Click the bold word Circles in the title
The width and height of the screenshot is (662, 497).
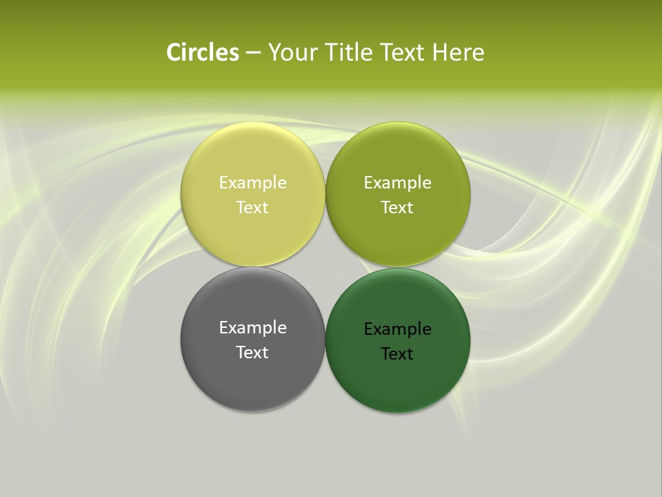click(202, 52)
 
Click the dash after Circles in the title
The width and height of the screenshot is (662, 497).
click(253, 53)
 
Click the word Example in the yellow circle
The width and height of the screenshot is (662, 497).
click(252, 183)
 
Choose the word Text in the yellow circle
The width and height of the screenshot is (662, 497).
click(252, 208)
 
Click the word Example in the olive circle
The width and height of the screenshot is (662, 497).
click(397, 183)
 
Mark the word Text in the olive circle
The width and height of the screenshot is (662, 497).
click(397, 208)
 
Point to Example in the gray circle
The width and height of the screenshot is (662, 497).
click(252, 328)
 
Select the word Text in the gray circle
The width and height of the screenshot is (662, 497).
click(252, 353)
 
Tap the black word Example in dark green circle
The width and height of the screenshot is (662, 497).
click(397, 329)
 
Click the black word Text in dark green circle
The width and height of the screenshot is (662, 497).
click(397, 354)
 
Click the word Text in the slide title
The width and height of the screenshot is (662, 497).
click(403, 52)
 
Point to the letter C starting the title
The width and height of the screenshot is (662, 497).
click(173, 52)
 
